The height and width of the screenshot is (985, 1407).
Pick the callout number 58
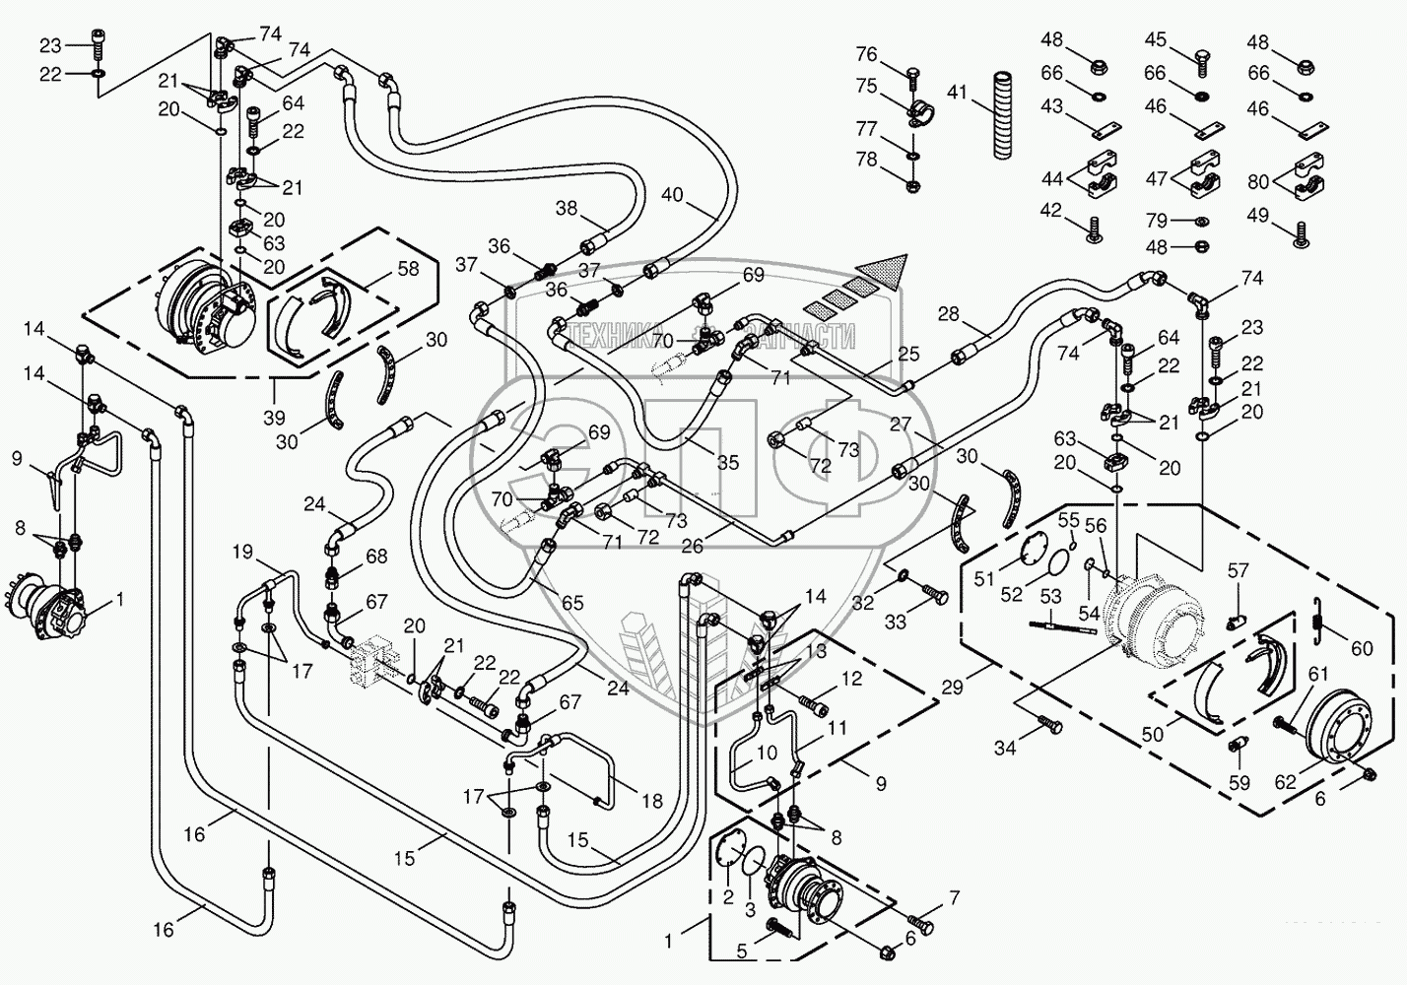[406, 269]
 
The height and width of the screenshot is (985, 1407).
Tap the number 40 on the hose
[671, 195]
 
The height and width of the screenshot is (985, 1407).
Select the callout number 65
[572, 603]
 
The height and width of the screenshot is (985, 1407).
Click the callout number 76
[866, 53]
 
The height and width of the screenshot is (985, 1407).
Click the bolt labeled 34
[1050, 726]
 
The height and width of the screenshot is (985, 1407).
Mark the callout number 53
[1050, 596]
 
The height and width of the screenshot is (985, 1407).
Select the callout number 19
[242, 551]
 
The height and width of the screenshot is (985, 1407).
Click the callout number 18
[652, 801]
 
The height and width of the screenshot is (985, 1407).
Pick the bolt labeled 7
[920, 924]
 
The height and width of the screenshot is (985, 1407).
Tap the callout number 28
[948, 314]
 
